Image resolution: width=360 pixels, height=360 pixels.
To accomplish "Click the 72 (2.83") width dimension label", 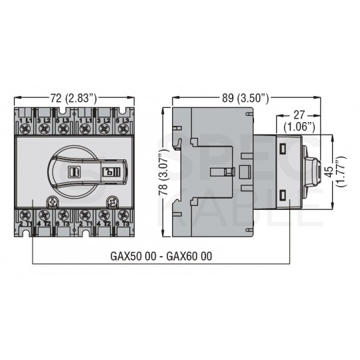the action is click(74, 98).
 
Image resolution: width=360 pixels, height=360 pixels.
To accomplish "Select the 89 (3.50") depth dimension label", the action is click(245, 98).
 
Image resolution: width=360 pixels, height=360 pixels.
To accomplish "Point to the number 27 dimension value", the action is click(299, 115).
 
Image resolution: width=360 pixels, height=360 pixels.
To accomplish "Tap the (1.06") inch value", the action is click(299, 127).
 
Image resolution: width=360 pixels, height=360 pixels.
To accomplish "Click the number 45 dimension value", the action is click(330, 171).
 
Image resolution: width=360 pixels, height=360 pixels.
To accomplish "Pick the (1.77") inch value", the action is click(341, 171).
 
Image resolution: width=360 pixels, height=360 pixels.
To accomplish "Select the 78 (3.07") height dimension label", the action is click(163, 172).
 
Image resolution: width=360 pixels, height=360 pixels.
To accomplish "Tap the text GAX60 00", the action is click(189, 256).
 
